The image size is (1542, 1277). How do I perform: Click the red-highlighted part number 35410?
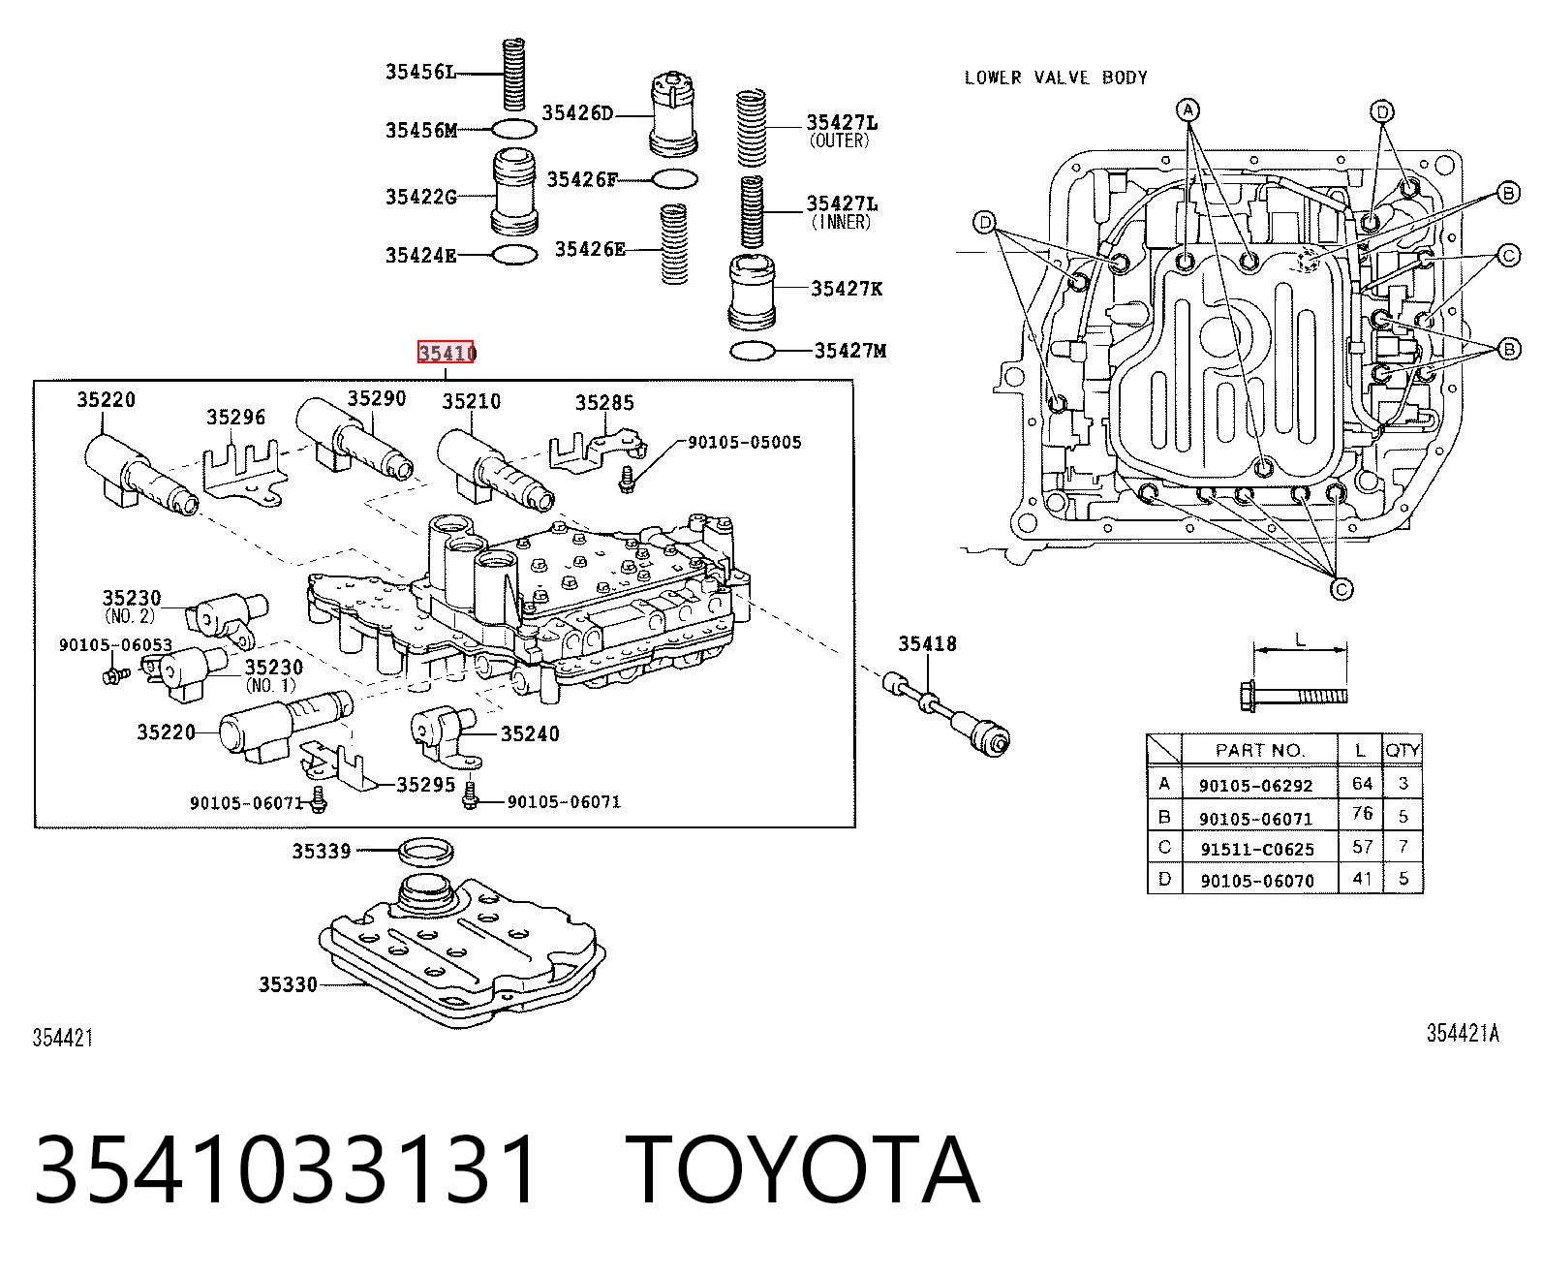coord(447,353)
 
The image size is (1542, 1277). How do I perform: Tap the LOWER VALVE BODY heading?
coord(1056,78)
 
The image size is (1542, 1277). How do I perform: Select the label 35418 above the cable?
coord(927,643)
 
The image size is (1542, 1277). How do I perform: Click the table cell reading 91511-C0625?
coord(1257,849)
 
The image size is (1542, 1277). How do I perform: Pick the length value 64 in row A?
coord(1362,783)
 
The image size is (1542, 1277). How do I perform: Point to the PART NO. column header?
coord(1258,750)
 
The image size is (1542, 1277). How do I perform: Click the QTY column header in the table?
coord(1403,750)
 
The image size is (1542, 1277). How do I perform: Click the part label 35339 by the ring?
coord(322,852)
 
